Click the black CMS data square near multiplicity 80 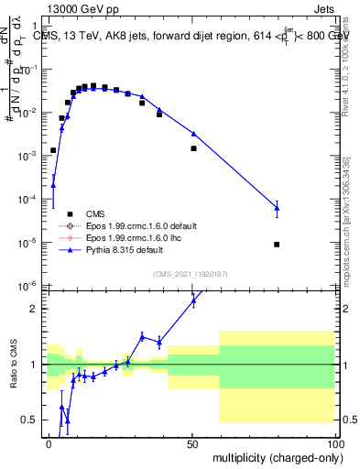(277, 245)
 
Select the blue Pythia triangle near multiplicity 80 (277, 208)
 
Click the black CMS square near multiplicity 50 (193, 148)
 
